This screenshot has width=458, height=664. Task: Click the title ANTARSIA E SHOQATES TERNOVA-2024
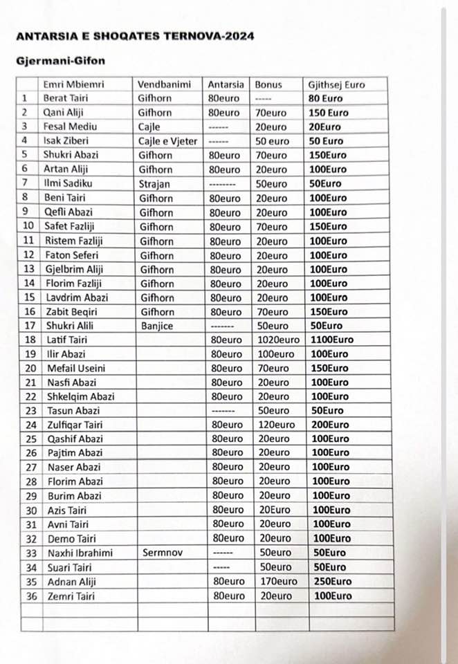tap(135, 36)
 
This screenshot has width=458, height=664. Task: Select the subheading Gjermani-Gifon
tap(59, 61)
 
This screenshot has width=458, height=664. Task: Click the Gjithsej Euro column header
tap(337, 84)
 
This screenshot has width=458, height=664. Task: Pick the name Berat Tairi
tap(66, 98)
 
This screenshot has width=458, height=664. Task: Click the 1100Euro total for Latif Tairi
tap(331, 340)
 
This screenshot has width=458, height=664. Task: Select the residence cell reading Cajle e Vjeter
tap(167, 141)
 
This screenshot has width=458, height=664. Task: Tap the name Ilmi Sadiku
tap(68, 183)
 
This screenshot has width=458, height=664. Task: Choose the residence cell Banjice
tap(157, 325)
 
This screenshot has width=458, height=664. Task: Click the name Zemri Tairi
tap(70, 596)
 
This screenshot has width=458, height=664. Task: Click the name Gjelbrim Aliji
tap(74, 268)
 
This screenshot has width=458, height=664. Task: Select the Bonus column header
tap(268, 84)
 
